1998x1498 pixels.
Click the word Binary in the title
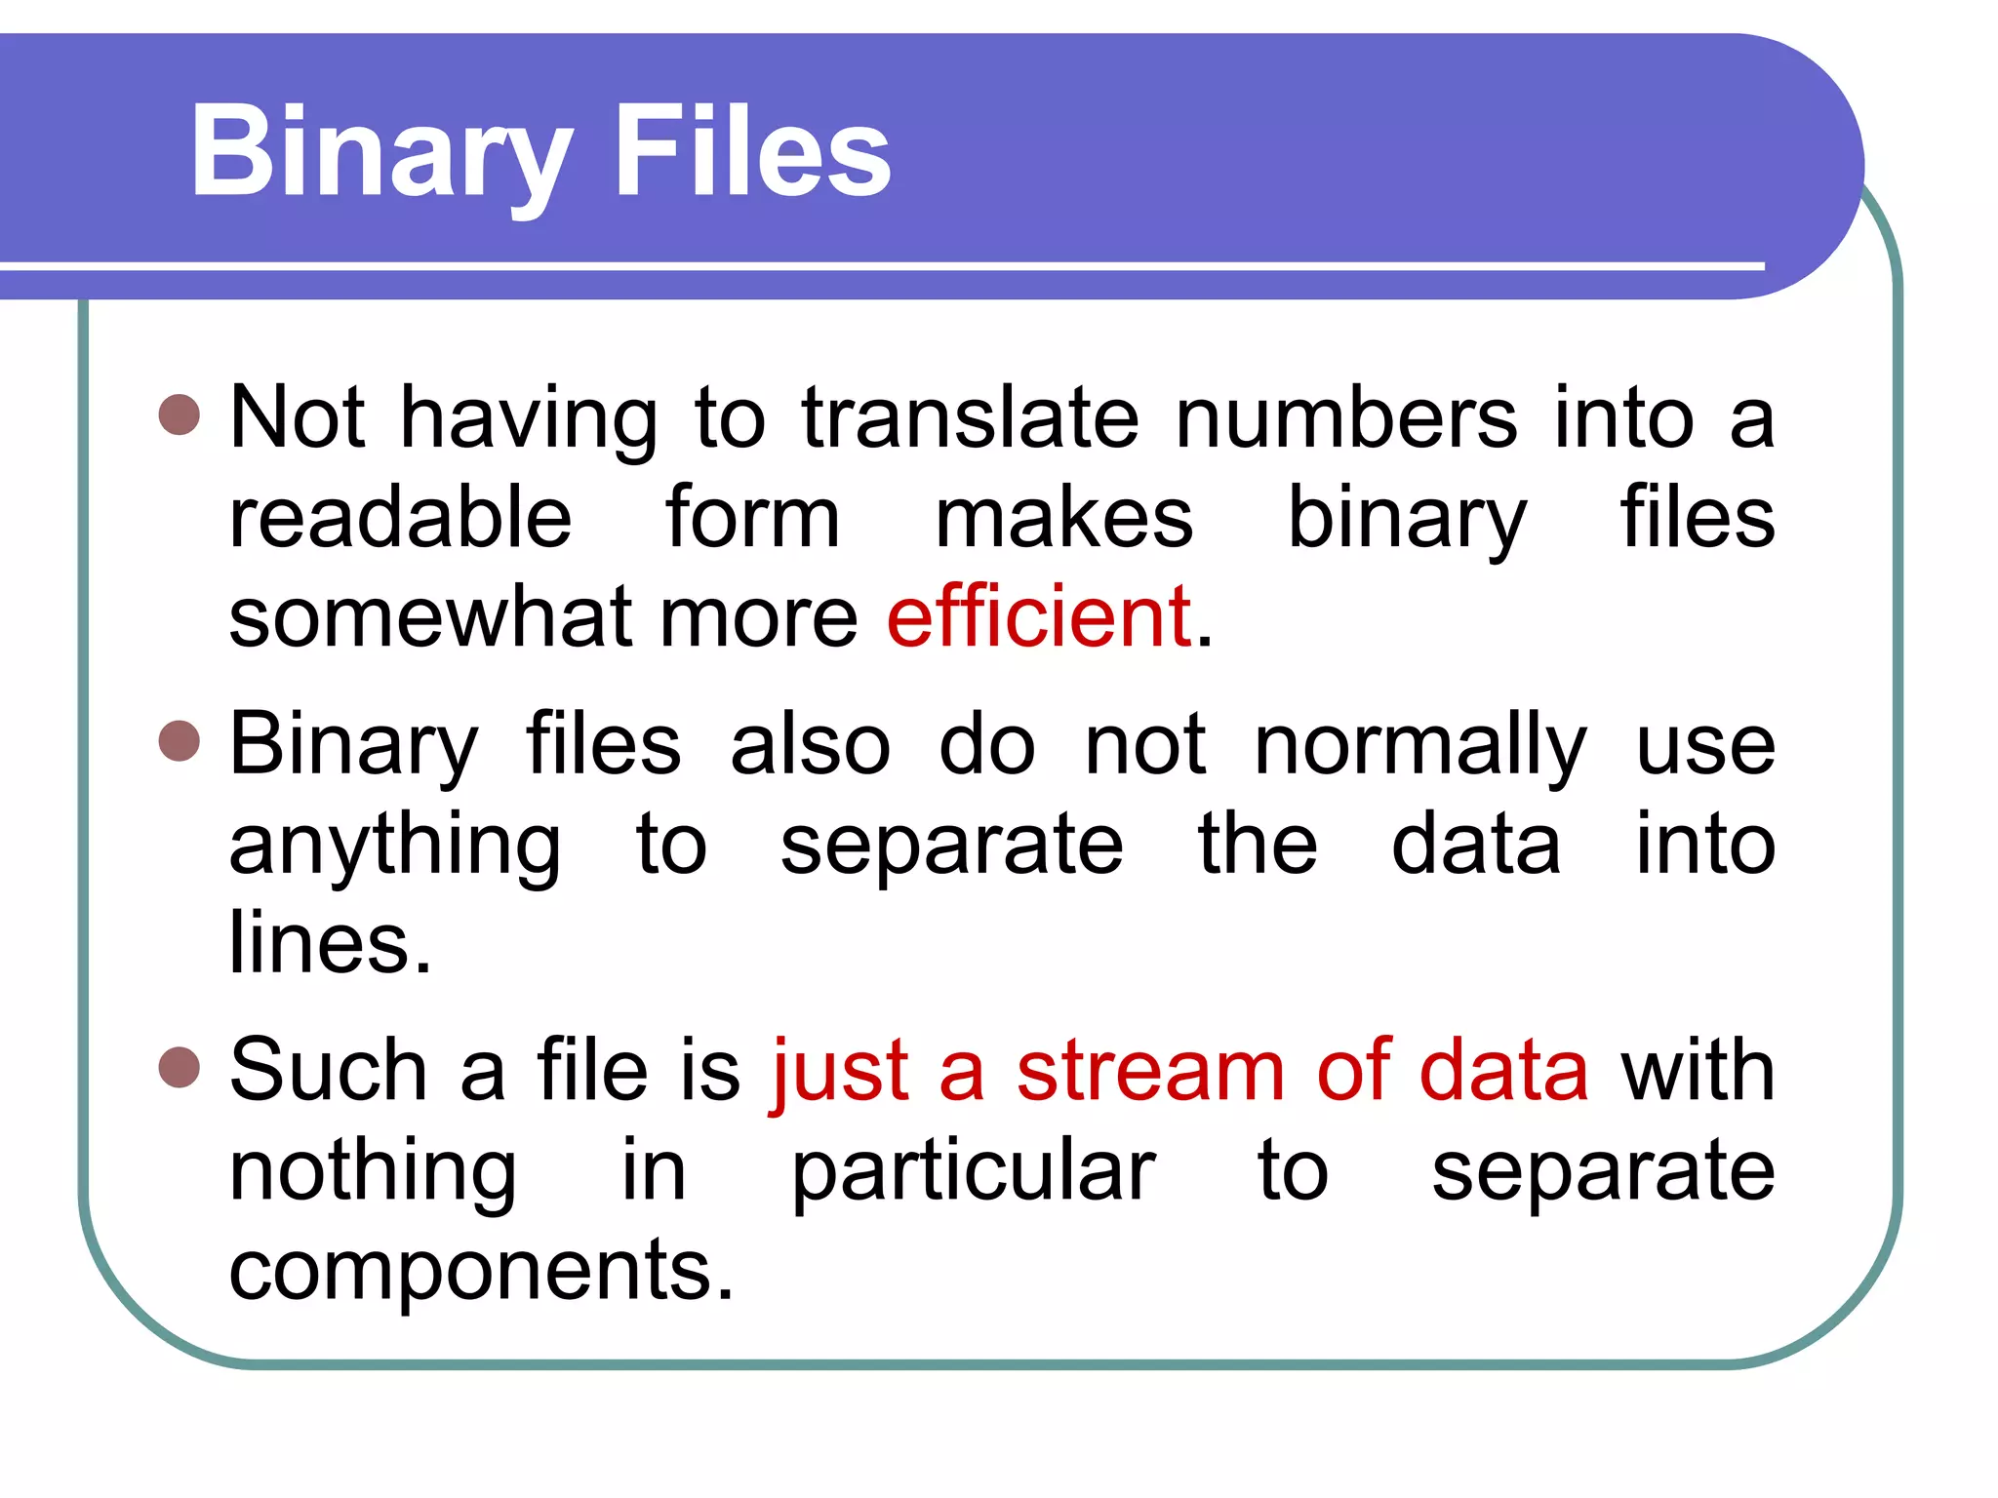click(380, 153)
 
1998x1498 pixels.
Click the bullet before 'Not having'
click(179, 414)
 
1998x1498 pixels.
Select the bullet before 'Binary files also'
click(179, 740)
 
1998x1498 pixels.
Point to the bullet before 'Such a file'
click(179, 1066)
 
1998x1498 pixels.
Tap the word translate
click(970, 417)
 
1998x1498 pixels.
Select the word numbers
click(1346, 417)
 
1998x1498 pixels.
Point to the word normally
click(1420, 746)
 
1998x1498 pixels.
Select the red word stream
click(1150, 1071)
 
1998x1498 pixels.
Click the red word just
click(840, 1071)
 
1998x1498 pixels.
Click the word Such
click(328, 1071)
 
